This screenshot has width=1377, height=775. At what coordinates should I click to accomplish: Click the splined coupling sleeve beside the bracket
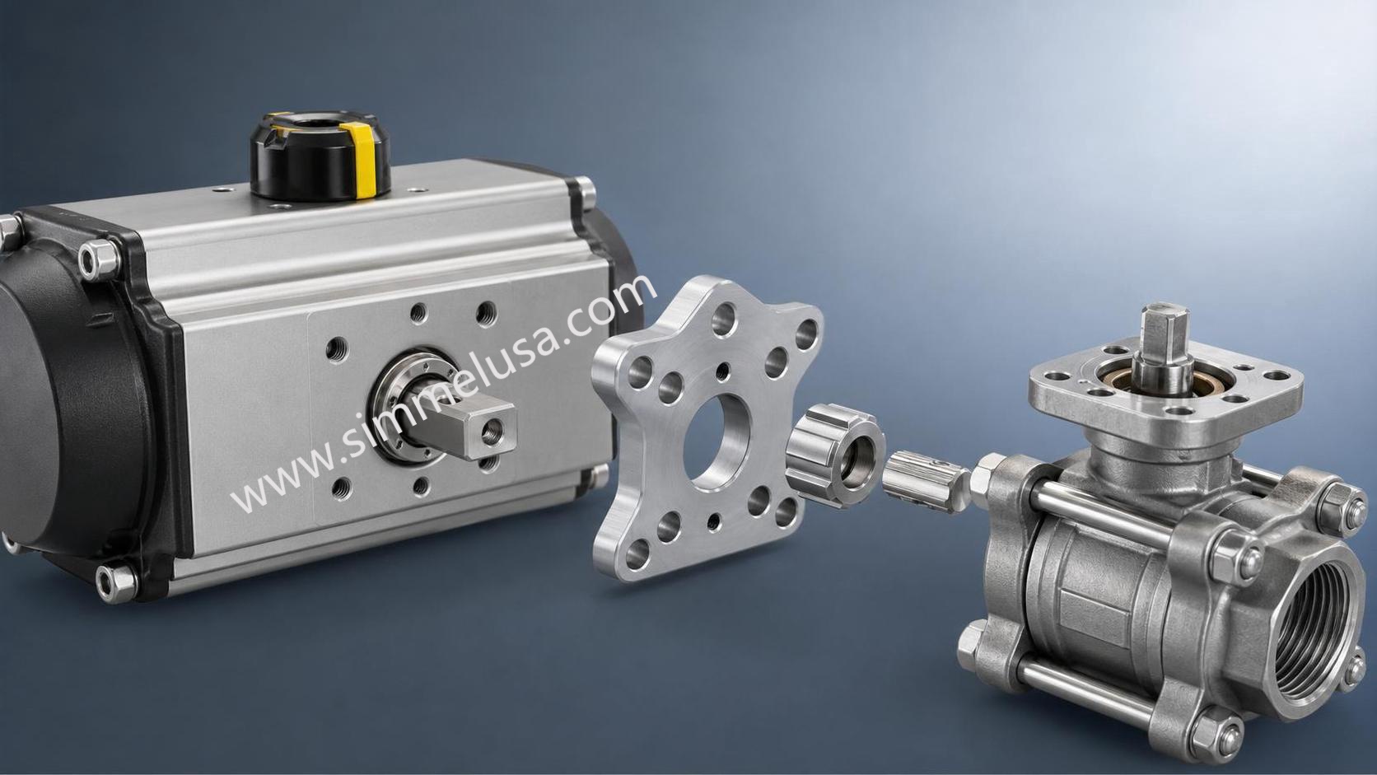pos(833,454)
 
